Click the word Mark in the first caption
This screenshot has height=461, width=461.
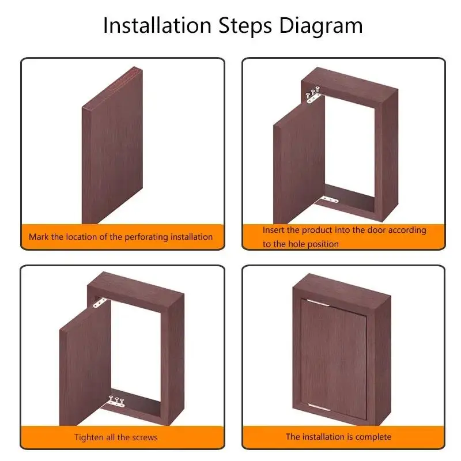click(x=39, y=237)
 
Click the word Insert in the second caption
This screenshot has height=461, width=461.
click(x=273, y=230)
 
